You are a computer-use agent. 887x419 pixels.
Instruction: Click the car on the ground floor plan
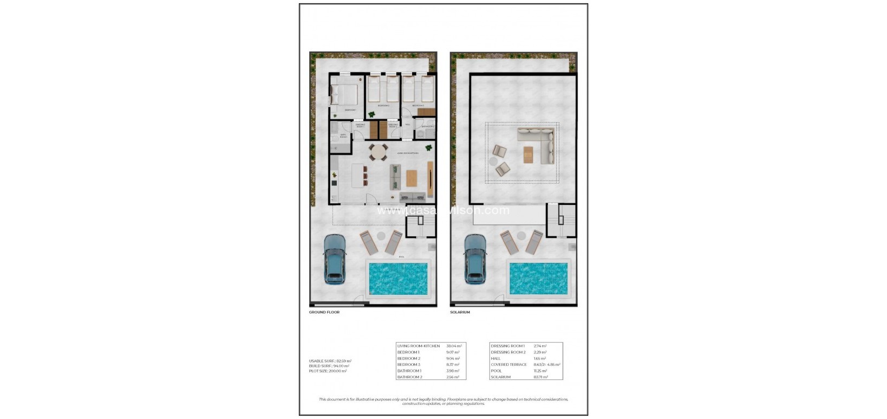[334, 259]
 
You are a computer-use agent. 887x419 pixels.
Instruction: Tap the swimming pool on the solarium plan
[538, 278]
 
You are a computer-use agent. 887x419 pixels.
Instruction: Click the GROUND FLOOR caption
[324, 312]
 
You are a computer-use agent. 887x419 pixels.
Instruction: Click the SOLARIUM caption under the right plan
[460, 312]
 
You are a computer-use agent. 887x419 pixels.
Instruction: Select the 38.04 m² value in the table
[453, 346]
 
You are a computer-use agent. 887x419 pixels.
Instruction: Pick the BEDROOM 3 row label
[409, 364]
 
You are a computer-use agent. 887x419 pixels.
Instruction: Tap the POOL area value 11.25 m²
[498, 371]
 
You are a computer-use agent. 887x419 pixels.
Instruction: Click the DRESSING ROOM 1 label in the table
[507, 346]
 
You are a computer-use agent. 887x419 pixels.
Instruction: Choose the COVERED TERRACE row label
[508, 364]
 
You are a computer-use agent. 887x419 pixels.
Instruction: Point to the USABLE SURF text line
[330, 360]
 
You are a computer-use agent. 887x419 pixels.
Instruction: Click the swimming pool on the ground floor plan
[398, 278]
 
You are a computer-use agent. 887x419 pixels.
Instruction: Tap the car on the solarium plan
[475, 259]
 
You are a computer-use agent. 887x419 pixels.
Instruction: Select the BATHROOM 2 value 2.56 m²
[453, 377]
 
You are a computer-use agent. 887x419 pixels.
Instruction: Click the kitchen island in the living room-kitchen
[358, 176]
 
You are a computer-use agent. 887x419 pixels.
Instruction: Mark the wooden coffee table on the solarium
[529, 154]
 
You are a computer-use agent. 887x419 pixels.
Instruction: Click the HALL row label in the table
[495, 358]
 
